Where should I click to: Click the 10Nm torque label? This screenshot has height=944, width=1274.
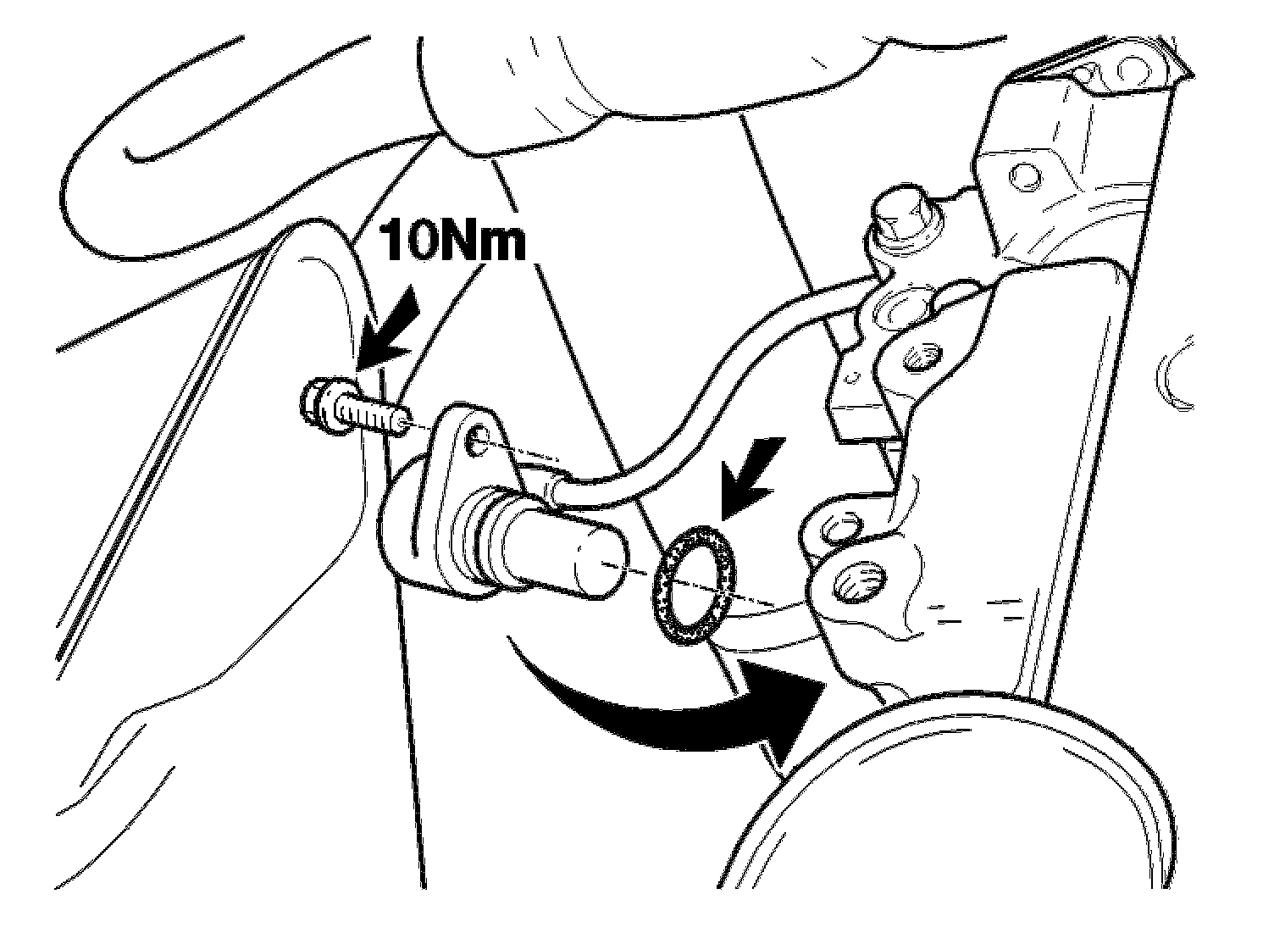[452, 241]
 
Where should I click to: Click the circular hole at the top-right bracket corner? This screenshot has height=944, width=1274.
[1131, 69]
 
